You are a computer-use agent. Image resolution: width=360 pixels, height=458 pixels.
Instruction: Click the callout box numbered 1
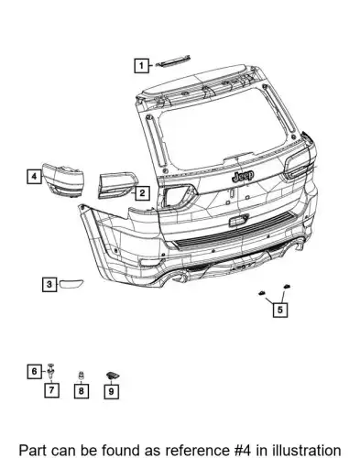(x=141, y=65)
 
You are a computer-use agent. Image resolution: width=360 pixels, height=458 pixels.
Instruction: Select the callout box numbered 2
(x=142, y=193)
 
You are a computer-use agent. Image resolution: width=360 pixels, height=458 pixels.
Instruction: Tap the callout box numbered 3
(x=49, y=284)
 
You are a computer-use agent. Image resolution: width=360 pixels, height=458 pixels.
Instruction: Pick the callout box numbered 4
(x=34, y=176)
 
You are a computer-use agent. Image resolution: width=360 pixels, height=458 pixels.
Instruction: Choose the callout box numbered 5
(x=280, y=310)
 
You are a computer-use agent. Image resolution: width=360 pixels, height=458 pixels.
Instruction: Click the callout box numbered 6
(x=34, y=372)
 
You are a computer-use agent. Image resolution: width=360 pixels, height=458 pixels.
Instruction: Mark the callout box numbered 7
(x=51, y=390)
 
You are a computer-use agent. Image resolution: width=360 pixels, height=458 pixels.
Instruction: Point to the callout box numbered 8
(x=82, y=391)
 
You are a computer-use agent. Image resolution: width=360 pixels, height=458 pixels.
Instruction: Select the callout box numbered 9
(x=111, y=391)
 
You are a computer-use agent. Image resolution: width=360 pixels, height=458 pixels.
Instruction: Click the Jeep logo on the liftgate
(x=243, y=176)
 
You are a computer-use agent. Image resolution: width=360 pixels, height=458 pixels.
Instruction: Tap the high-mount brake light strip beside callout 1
(x=173, y=61)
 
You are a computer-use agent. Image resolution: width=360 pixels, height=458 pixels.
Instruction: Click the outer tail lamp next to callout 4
(x=63, y=180)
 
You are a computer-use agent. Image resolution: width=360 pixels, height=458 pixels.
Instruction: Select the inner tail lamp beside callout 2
(x=117, y=186)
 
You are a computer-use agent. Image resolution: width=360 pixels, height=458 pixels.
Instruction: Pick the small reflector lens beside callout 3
(x=71, y=284)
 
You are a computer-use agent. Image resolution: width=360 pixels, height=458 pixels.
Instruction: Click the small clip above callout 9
(x=112, y=376)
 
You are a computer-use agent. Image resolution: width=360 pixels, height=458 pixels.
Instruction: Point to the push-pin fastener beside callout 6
(x=51, y=371)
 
